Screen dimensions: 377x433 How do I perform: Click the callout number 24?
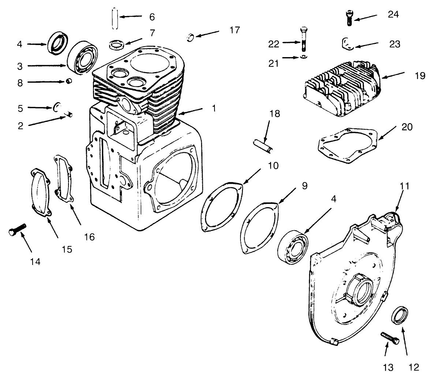tap(393, 14)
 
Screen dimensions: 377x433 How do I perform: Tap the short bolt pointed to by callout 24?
tap(349, 18)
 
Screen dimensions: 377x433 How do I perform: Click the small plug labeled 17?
tap(190, 38)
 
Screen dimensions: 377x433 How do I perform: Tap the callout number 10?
tap(273, 165)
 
